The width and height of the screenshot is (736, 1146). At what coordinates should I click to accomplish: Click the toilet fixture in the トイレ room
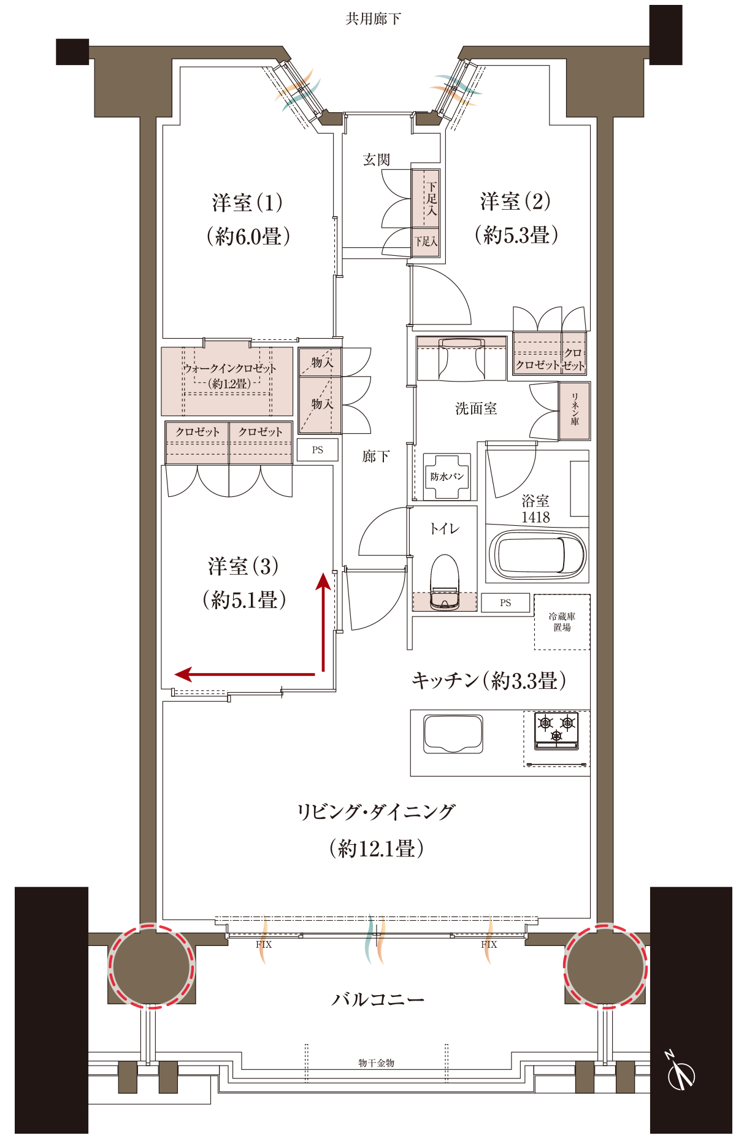[445, 582]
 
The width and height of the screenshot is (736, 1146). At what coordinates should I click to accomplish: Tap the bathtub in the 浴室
[537, 555]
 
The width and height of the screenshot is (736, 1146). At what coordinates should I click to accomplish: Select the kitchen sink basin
[453, 734]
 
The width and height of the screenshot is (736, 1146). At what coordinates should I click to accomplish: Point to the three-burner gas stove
[556, 731]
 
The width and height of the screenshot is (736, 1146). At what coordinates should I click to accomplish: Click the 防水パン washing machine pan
[447, 477]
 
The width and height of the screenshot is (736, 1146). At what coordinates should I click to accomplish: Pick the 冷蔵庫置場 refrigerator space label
[562, 621]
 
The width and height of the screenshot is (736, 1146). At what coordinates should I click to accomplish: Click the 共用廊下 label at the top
[373, 19]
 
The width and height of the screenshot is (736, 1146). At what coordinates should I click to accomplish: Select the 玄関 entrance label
[376, 160]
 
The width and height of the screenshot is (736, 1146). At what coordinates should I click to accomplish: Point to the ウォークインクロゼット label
[229, 369]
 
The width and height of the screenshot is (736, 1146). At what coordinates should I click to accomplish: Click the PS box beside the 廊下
[317, 450]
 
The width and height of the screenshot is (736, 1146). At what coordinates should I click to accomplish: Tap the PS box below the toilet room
[505, 603]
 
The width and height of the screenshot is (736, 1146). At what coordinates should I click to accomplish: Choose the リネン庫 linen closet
[575, 411]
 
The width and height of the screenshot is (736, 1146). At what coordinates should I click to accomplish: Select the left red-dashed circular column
[151, 966]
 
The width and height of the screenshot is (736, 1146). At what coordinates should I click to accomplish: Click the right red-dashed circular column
[606, 966]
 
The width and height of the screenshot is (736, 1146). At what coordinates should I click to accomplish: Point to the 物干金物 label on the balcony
[376, 1063]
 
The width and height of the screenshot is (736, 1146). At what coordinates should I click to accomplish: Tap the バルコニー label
[378, 999]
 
